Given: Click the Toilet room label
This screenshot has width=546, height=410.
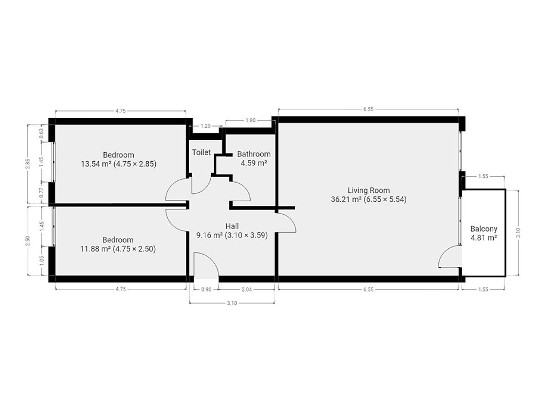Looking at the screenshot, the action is pos(201,152).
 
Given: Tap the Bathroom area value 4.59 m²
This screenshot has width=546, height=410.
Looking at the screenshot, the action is pos(254,163).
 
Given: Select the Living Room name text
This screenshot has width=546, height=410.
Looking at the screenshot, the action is pos(369,190).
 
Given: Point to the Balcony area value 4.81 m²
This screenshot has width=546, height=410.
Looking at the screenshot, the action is pos(484,238).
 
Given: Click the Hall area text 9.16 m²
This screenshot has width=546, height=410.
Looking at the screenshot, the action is pos(209,235).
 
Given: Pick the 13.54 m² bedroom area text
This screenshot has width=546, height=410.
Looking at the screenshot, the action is pos(96,164).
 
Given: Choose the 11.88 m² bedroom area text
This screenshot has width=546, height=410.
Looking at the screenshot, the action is pos(96,249).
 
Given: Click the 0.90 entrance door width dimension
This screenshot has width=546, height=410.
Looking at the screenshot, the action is pos(206,289).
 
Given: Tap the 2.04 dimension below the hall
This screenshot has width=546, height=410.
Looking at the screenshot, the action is pos(247,289).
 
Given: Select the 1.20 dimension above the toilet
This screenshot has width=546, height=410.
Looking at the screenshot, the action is pos(206,126).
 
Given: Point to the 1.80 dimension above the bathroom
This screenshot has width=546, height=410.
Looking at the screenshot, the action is pos(251,120).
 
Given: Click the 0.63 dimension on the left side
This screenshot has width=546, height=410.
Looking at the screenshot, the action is pos(41,133).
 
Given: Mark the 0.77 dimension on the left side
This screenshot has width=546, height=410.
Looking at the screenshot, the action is pos(41,193).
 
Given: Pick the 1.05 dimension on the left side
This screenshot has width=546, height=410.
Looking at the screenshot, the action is pos(41,261).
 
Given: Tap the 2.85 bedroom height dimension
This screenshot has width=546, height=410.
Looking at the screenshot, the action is pos(28,164).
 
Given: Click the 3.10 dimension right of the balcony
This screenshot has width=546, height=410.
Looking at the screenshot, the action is pos(518,233).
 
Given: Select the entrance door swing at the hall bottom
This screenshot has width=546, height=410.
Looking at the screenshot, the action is pos(212,259).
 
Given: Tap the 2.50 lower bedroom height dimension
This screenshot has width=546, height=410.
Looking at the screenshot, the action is pos(28,241).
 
